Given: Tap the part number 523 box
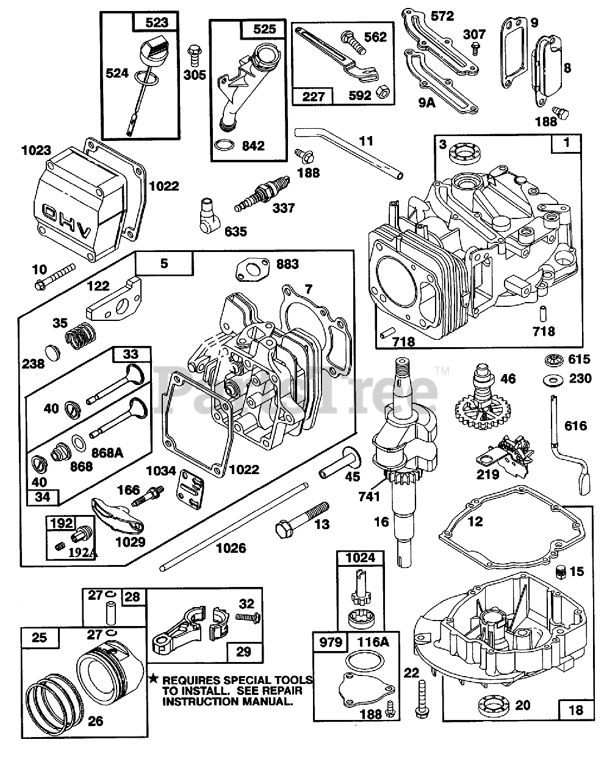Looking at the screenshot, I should pos(151,23).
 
